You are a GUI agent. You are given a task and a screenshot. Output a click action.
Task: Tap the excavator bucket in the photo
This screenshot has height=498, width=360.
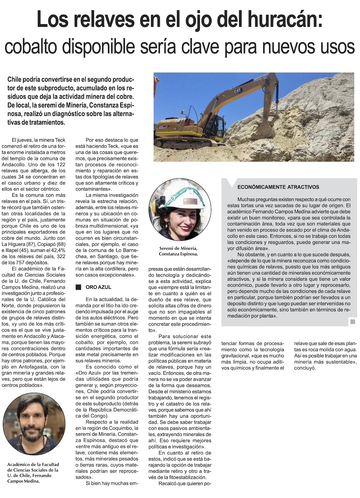point(263,129)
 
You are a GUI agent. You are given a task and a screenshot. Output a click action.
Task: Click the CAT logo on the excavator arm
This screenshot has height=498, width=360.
point(238,92)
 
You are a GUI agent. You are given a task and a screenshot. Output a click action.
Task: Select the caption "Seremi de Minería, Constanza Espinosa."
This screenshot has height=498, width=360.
point(178,251)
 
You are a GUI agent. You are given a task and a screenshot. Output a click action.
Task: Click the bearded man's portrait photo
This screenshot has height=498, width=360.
point(34,424)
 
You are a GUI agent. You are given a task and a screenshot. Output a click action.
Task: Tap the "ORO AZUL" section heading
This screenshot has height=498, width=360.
point(98,287)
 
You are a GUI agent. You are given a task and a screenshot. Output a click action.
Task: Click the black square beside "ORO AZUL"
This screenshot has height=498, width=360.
point(78,287)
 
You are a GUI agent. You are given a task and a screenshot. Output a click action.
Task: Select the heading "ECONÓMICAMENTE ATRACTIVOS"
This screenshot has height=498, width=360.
point(278,187)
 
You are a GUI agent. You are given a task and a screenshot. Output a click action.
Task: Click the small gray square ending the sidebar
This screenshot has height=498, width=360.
point(352,321)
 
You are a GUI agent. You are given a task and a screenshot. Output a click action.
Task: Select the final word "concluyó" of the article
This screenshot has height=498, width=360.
point(305,368)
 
